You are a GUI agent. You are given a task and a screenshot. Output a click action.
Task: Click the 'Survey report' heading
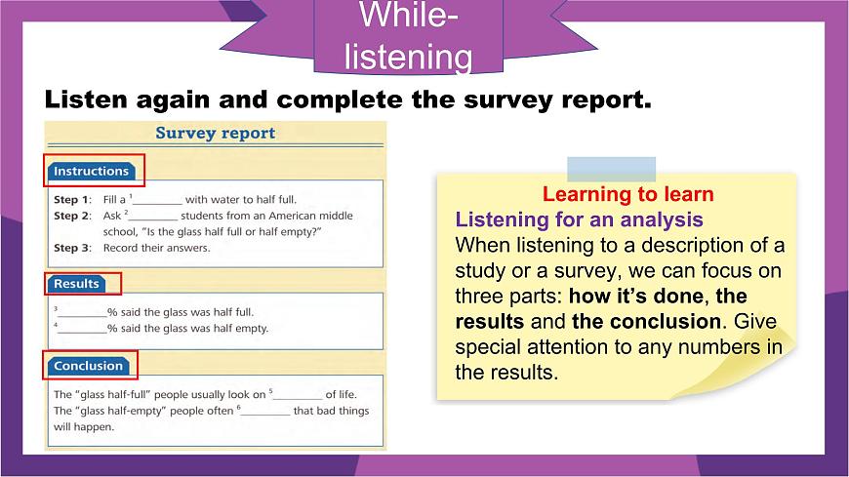click(216, 134)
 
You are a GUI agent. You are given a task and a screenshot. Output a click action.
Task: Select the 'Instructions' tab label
click(91, 172)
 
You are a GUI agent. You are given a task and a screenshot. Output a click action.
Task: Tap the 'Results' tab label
click(77, 284)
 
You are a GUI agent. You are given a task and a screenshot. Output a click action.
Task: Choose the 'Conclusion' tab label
click(88, 366)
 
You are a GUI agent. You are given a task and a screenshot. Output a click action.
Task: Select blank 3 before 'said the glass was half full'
click(82, 313)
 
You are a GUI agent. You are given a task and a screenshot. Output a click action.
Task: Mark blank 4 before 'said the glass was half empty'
click(82, 329)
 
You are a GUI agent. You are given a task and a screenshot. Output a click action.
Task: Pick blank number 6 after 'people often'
click(265, 412)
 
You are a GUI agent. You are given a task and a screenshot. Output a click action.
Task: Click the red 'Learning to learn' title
click(627, 194)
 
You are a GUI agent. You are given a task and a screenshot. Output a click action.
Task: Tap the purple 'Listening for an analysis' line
click(580, 219)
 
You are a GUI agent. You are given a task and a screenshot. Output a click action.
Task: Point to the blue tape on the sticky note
click(611, 169)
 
